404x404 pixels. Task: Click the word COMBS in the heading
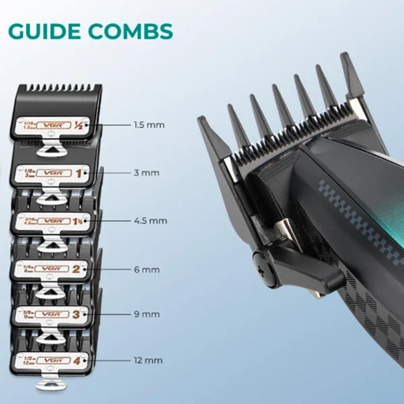[x=130, y=32]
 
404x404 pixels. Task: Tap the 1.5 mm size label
[x=149, y=125]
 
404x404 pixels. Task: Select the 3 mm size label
[x=146, y=173]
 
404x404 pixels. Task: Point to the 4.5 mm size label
[x=150, y=221]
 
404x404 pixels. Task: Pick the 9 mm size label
[x=147, y=314]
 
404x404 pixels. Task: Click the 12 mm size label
[x=148, y=360]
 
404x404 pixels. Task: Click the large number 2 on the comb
[x=76, y=269]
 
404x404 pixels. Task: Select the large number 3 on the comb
[x=76, y=314]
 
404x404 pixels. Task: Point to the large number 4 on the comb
[x=76, y=361]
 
